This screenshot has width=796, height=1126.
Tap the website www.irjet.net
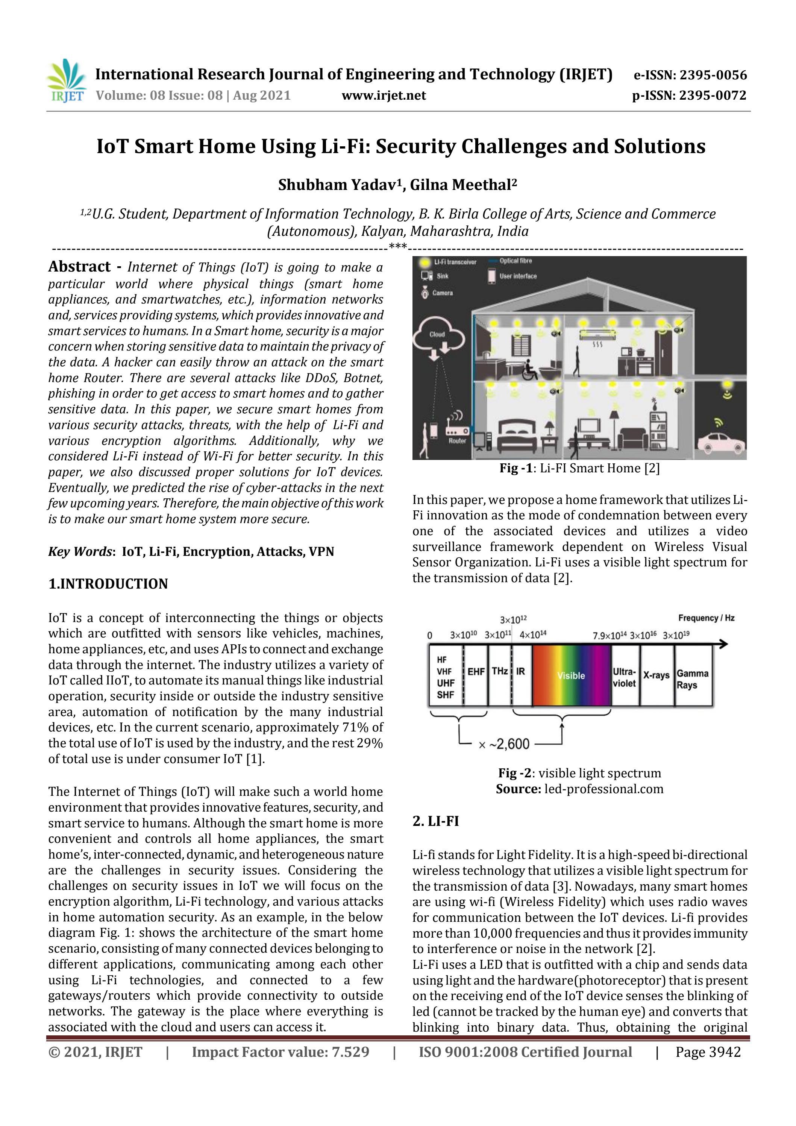click(x=384, y=95)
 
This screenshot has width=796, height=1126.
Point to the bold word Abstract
click(x=79, y=266)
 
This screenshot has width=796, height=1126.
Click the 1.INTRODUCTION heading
click(x=108, y=584)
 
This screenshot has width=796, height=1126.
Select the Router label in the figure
click(x=456, y=440)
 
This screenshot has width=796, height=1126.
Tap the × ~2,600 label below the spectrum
click(x=504, y=744)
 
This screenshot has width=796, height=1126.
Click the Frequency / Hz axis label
click(x=706, y=618)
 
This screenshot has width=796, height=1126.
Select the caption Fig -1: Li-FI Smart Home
click(x=579, y=468)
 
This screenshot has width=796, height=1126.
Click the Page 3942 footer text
click(x=708, y=1052)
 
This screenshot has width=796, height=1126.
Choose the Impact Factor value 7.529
click(x=280, y=1052)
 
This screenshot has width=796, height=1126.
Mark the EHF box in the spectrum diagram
click(x=476, y=671)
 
